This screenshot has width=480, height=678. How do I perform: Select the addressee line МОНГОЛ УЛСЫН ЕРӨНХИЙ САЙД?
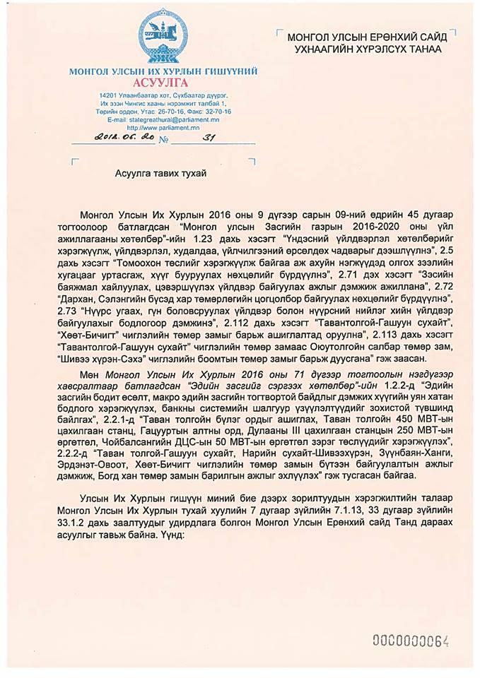click(365, 37)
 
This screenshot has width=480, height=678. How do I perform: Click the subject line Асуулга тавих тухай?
click(161, 173)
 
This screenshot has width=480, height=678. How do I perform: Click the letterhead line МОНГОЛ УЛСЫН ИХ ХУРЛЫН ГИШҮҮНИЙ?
click(163, 71)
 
